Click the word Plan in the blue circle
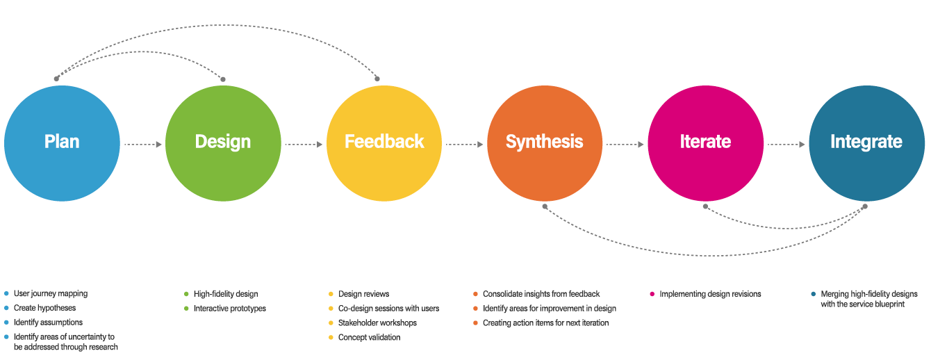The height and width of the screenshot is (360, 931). (62, 142)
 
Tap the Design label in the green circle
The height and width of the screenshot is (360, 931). (223, 142)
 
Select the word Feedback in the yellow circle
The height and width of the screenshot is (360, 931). (384, 142)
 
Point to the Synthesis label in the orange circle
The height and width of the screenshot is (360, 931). (545, 142)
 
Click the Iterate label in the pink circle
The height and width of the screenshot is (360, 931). (705, 142)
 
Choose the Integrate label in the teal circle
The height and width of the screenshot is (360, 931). (866, 142)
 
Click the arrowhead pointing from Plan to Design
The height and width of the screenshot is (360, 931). (158, 145)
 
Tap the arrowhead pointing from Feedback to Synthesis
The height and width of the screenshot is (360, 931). (479, 145)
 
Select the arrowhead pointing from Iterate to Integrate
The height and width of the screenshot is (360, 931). (802, 145)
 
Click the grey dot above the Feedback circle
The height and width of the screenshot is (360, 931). (379, 78)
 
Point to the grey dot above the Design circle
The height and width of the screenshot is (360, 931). (223, 78)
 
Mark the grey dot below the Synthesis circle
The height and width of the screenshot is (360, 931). (545, 206)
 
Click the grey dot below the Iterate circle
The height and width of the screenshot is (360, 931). (705, 206)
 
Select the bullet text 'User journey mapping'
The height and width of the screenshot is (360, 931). (51, 293)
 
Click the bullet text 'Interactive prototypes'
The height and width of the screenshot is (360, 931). (230, 309)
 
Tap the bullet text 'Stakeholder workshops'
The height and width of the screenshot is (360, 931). (377, 323)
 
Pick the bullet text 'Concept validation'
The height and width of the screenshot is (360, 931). (370, 338)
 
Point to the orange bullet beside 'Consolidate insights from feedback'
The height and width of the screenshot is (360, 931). (475, 294)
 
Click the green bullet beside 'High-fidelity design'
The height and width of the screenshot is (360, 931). (186, 294)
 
